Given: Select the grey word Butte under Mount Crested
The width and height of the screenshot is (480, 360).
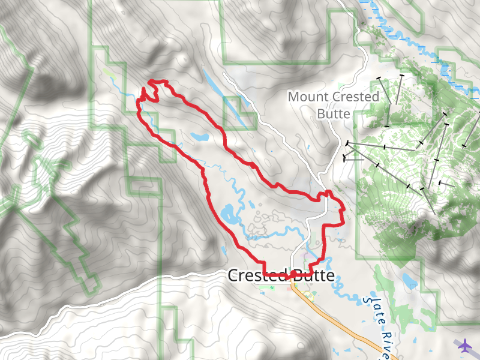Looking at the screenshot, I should (x=334, y=114).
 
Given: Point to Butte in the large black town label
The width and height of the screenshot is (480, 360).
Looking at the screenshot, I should (x=312, y=275).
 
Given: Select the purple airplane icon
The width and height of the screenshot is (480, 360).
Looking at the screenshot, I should (x=464, y=346).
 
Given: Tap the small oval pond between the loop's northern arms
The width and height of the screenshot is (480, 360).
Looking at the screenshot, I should (x=200, y=136).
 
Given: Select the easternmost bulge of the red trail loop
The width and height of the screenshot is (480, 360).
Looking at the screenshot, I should (x=343, y=210).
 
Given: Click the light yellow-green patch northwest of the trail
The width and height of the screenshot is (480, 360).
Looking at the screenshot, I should (x=107, y=72).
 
